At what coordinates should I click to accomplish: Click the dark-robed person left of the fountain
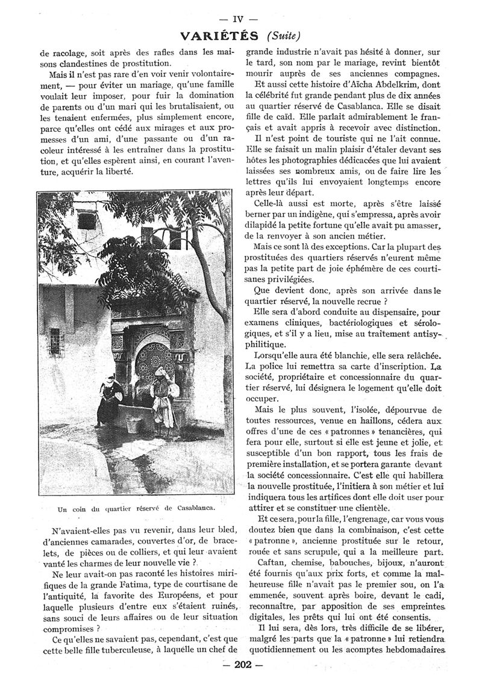[108, 400]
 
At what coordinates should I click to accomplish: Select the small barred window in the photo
[56, 339]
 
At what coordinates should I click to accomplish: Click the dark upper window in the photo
[87, 221]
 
